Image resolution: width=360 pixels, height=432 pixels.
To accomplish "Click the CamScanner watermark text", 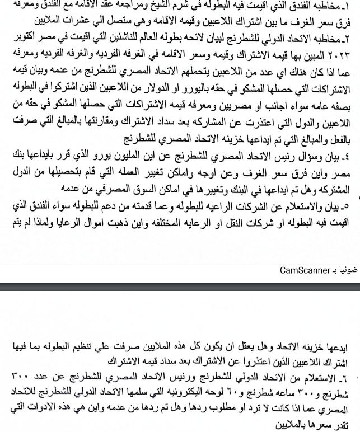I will point(306,270).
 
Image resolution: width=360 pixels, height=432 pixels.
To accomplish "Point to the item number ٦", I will point(351,373).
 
